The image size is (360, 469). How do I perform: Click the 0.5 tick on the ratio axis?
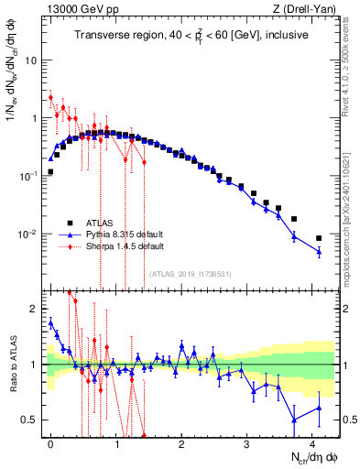[29, 420]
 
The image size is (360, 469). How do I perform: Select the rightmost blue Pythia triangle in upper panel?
[319, 252]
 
